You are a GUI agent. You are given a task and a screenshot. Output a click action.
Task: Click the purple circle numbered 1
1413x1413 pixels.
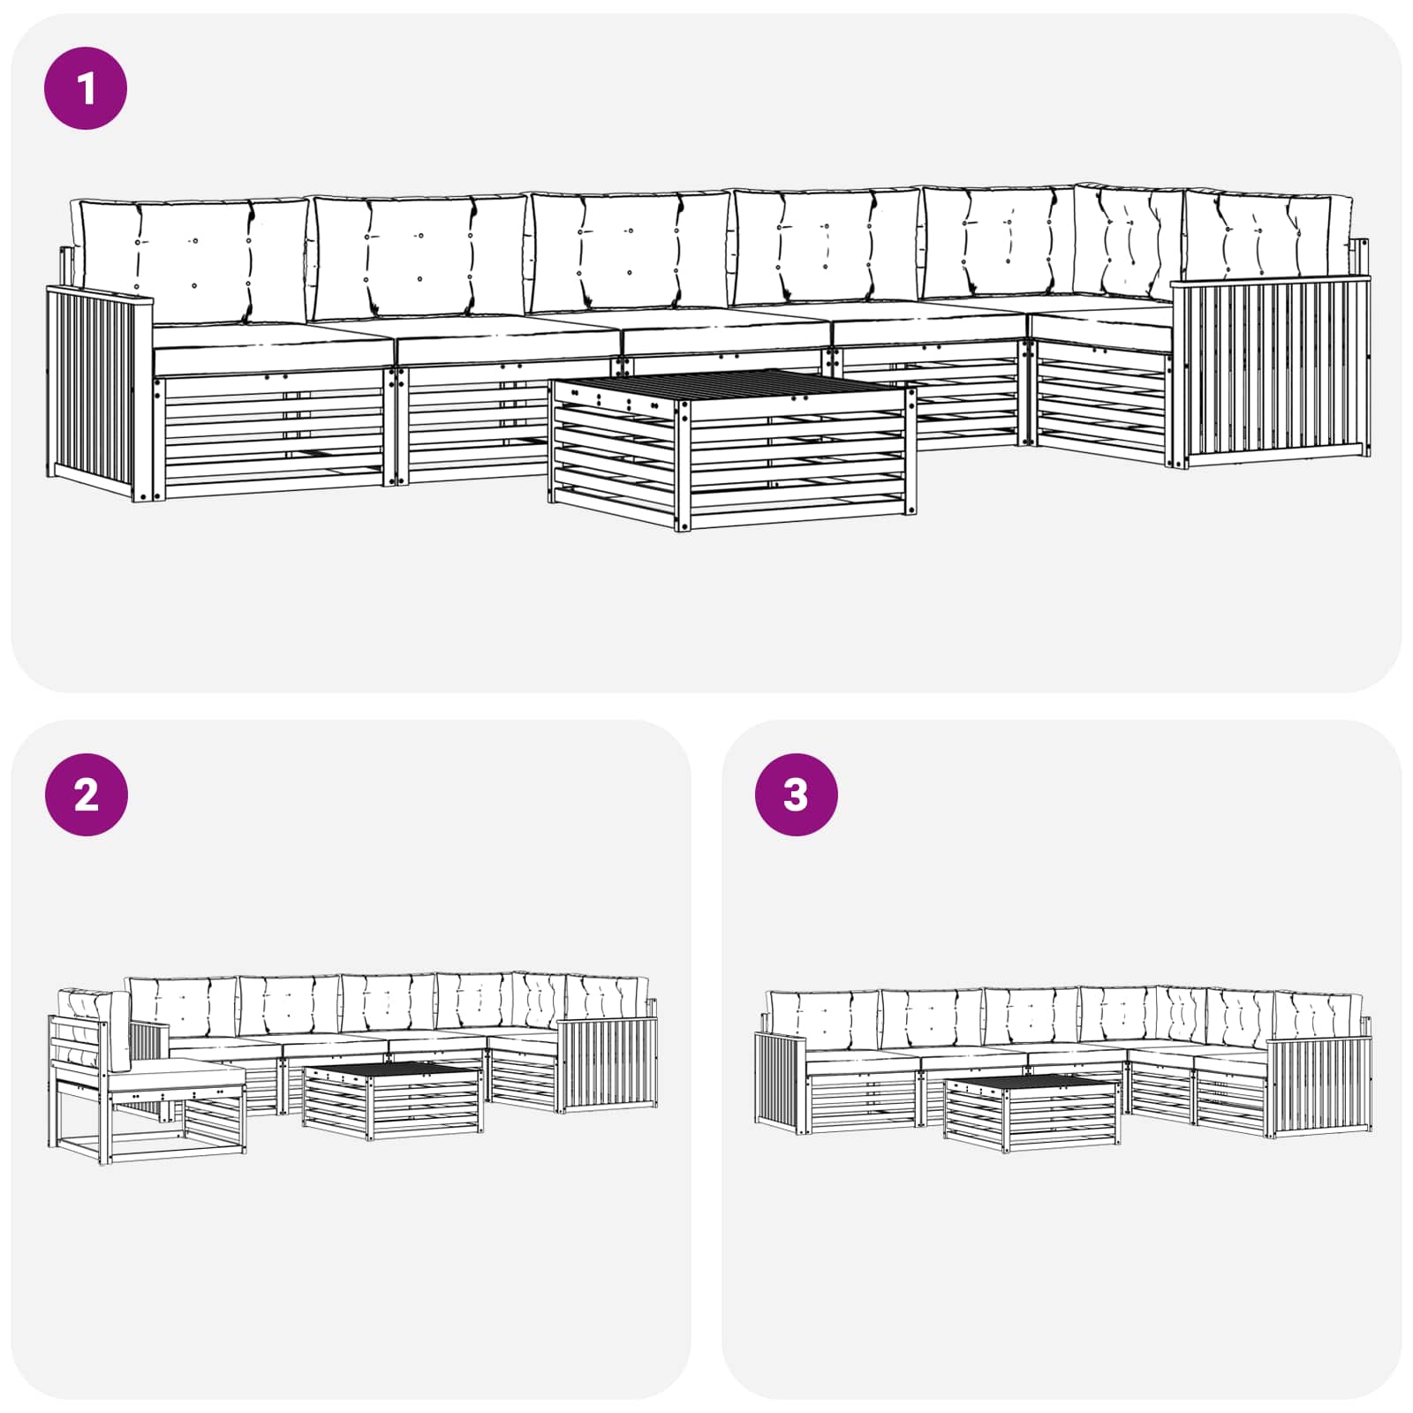point(86,89)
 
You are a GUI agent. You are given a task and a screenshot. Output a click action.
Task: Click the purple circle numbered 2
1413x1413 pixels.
point(86,795)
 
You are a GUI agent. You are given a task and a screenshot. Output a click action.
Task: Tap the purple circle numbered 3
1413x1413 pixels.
point(796,795)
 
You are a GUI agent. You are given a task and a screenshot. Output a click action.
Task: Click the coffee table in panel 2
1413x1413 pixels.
point(392,1100)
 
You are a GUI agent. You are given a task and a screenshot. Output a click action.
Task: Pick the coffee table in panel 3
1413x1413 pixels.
point(1031,1112)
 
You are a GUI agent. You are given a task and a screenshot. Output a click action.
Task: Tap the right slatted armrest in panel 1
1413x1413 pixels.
point(1272,371)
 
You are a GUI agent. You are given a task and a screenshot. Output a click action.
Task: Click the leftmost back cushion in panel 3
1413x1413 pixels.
point(821,1018)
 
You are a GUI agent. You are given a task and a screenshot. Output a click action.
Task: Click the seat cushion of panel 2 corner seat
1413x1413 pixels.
point(177,1072)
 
